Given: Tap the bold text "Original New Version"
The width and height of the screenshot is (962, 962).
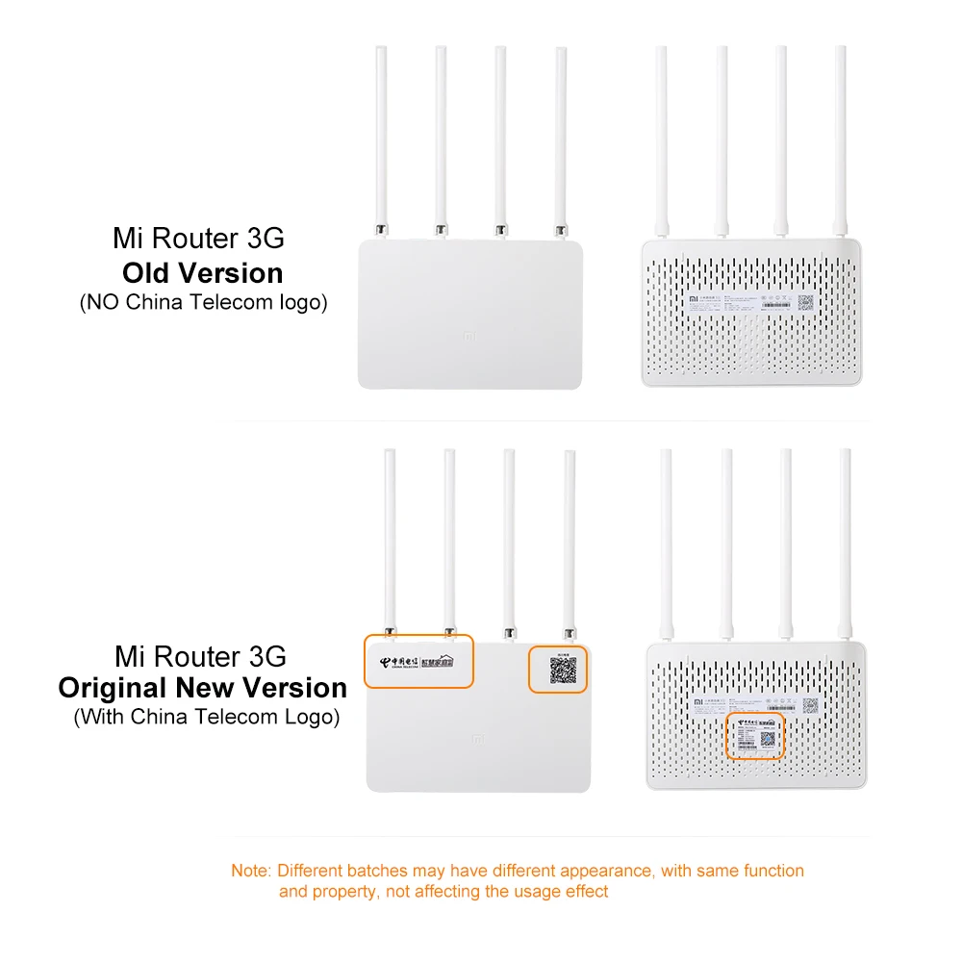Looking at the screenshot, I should (202, 688).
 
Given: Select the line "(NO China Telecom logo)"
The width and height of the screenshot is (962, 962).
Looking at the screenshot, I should (202, 302).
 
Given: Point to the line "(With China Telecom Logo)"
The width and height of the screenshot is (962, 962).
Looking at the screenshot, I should (206, 717).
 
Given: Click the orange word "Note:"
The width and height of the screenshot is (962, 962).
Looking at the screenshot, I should (251, 871).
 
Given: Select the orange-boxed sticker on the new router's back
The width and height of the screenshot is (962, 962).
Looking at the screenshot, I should (755, 737).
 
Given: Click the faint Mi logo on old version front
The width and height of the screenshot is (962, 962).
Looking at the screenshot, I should (470, 339).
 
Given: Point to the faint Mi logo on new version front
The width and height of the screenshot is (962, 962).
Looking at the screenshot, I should (478, 740).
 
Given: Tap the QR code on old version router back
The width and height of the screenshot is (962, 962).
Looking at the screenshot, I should (805, 301).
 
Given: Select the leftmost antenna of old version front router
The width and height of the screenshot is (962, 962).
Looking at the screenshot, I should (381, 135).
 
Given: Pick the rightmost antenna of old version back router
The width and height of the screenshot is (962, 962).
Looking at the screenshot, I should (840, 135).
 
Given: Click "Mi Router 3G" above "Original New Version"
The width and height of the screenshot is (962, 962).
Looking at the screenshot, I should (200, 657).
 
